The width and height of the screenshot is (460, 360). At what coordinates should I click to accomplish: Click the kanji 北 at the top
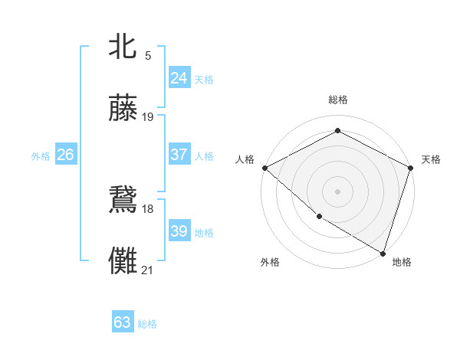pyautogui.click(x=123, y=46)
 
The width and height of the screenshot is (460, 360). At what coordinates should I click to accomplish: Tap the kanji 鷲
pyautogui.click(x=123, y=198)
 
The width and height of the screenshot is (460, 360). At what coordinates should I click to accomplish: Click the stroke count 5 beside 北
pyautogui.click(x=148, y=55)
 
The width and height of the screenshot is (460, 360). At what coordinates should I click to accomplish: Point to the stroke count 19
pyautogui.click(x=148, y=117)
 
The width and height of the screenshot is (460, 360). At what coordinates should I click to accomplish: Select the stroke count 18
pyautogui.click(x=148, y=208)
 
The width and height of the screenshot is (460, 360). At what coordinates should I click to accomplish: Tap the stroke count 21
pyautogui.click(x=148, y=270)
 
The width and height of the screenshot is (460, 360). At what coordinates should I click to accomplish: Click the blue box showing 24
pyautogui.click(x=179, y=78)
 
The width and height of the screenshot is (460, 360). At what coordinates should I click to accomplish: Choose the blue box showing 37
pyautogui.click(x=179, y=155)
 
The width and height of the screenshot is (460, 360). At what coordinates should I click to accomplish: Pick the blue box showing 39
pyautogui.click(x=179, y=231)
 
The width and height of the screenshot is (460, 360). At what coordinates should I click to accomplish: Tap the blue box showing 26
pyautogui.click(x=65, y=155)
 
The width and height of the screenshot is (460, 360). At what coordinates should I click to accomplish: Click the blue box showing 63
pyautogui.click(x=123, y=322)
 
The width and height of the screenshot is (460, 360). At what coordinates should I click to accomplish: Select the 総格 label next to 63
pyautogui.click(x=148, y=324)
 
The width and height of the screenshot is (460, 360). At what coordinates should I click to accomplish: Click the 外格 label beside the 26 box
pyautogui.click(x=41, y=156)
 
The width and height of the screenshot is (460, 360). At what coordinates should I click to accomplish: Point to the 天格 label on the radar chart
pyautogui.click(x=431, y=159)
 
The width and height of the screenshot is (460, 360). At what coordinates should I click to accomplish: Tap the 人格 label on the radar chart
pyautogui.click(x=245, y=159)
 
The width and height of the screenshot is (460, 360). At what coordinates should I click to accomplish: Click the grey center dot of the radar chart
pyautogui.click(x=337, y=191)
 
